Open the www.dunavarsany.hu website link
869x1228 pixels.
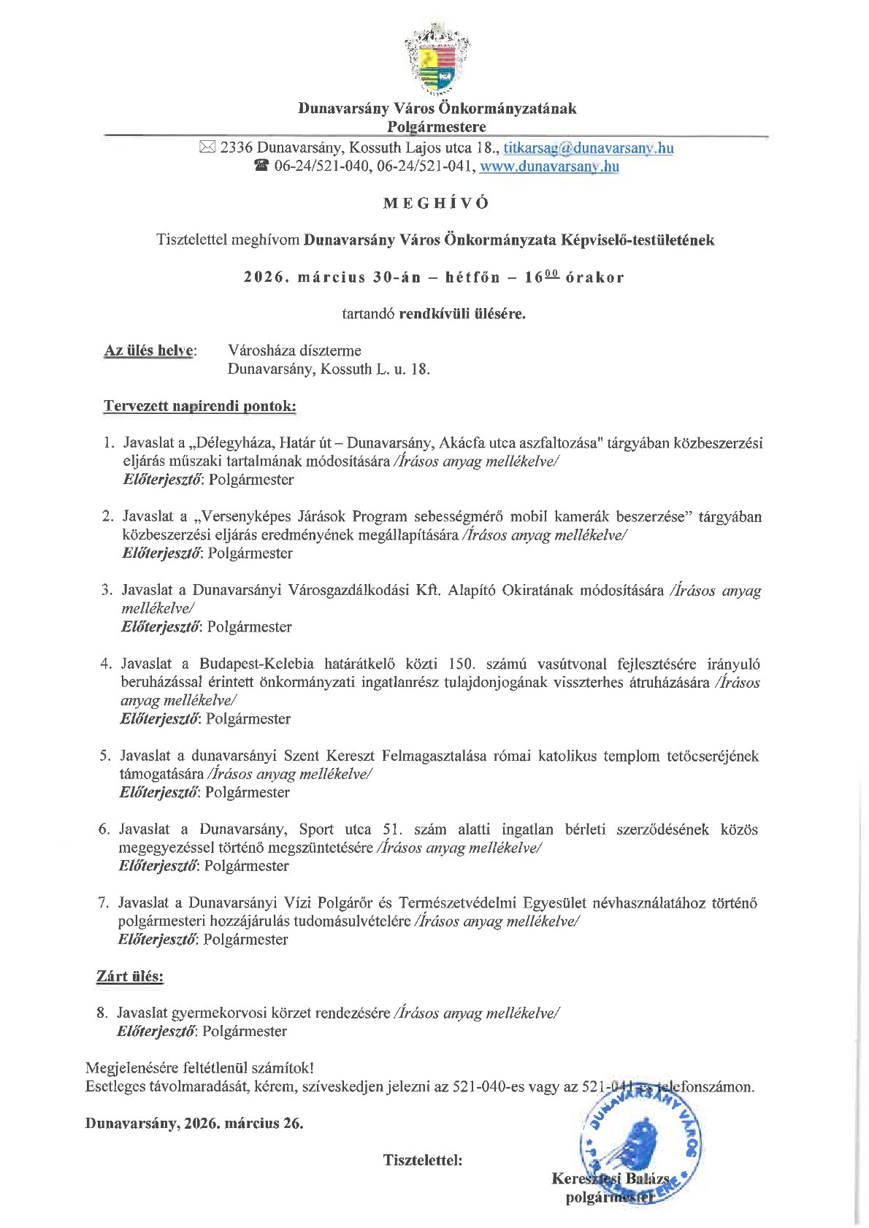pyautogui.click(x=550, y=166)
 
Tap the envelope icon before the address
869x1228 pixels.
pyautogui.click(x=207, y=148)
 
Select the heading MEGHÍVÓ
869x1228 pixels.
pyautogui.click(x=436, y=204)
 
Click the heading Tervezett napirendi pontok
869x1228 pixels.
pyautogui.click(x=199, y=406)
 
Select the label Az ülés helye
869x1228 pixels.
pyautogui.click(x=150, y=350)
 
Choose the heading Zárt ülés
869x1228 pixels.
pyautogui.click(x=130, y=977)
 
